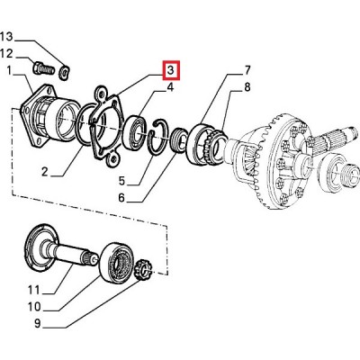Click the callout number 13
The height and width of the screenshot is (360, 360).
7,37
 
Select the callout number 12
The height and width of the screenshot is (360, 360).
7,54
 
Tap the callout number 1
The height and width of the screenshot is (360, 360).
9,71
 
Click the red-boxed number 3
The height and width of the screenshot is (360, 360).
171,70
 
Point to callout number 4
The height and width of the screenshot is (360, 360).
170,87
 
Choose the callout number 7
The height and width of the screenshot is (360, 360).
247,70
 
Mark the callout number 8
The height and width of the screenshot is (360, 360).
247,87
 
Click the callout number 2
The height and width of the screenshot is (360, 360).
45,172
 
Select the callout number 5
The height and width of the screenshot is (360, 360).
121,181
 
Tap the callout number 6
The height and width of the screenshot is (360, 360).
121,198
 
